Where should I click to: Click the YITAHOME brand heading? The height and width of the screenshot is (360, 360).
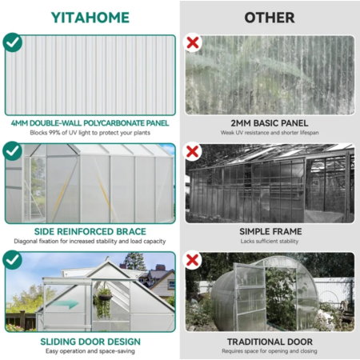click(90, 18)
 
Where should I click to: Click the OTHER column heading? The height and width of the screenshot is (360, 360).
click(270, 18)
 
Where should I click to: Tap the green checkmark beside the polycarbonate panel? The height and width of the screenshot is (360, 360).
click(12, 42)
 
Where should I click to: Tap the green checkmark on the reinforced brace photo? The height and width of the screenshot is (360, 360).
click(12, 151)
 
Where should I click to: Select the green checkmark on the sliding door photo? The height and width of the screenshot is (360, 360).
click(12, 260)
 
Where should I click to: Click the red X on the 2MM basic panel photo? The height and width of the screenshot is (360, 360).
click(193, 42)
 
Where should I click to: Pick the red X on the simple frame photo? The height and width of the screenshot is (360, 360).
click(193, 151)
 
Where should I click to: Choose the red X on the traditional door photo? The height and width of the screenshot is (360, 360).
click(193, 260)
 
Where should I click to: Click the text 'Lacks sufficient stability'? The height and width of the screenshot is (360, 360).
click(270, 242)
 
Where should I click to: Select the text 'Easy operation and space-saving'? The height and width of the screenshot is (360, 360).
click(90, 351)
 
